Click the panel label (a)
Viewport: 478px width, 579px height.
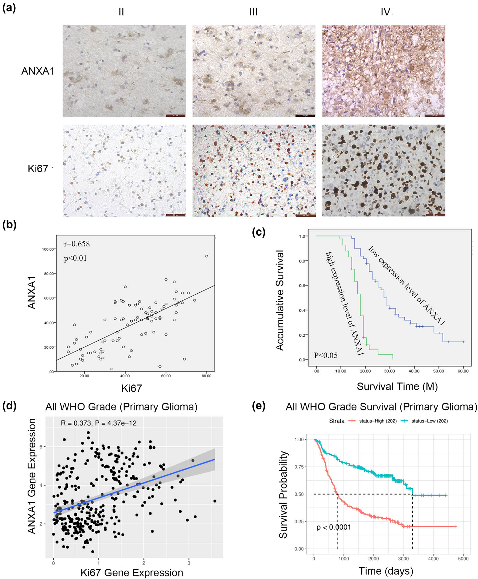(x=9, y=8)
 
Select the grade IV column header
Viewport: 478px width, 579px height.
(x=385, y=12)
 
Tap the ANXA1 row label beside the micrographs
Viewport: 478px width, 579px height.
(x=38, y=71)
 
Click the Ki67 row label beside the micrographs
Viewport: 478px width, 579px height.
(x=38, y=169)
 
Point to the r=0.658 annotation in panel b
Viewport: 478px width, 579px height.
(x=77, y=244)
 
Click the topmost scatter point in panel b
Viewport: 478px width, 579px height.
(x=207, y=256)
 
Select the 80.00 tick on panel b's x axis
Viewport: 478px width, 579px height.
(x=206, y=376)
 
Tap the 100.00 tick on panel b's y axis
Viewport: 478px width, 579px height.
(x=48, y=249)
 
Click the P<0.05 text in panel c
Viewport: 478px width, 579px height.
(x=326, y=355)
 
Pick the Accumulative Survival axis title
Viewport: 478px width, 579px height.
(x=280, y=300)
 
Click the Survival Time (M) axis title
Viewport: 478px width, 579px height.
(x=397, y=386)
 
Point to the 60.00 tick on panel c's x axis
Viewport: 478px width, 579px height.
(x=463, y=371)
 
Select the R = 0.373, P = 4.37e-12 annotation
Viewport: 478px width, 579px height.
(x=99, y=423)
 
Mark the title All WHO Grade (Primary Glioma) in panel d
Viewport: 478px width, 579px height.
(x=121, y=407)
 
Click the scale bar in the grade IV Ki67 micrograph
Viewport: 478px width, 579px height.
(x=435, y=215)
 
